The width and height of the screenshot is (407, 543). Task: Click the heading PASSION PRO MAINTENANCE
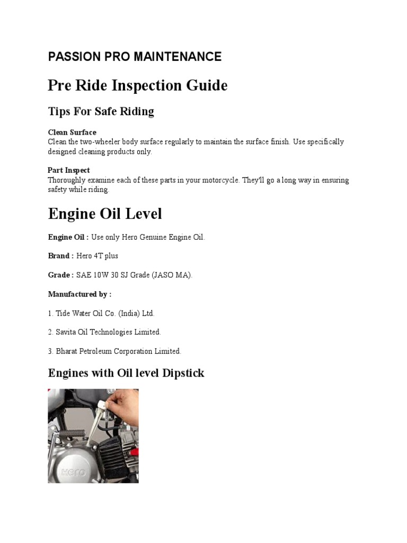(x=135, y=57)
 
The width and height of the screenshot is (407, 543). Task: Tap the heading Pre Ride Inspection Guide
(x=138, y=85)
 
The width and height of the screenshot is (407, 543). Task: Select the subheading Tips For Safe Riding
(x=101, y=111)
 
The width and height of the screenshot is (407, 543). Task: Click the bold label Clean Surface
(x=72, y=132)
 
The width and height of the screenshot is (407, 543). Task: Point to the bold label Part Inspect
(x=69, y=170)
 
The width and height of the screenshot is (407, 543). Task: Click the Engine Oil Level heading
(x=105, y=214)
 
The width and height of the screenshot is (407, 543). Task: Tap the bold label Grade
(x=59, y=275)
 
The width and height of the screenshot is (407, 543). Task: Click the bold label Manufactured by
(x=79, y=294)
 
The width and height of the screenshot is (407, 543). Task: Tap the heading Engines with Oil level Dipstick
(x=126, y=373)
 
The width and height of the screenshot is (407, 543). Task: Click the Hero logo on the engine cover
(x=71, y=472)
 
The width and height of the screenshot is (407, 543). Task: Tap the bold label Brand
(x=59, y=256)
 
